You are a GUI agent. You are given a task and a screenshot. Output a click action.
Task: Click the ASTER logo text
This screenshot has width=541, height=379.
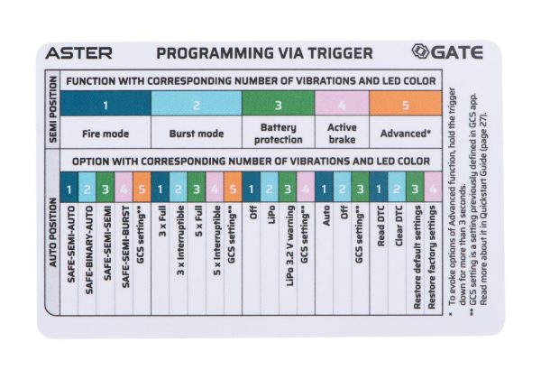point(79,53)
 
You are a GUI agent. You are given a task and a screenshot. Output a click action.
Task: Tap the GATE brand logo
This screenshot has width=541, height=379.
point(447,52)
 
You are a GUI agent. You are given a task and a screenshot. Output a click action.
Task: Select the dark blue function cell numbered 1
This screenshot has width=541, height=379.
point(105,103)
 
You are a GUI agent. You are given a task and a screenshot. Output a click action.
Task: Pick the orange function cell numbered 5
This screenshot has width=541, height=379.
point(406,103)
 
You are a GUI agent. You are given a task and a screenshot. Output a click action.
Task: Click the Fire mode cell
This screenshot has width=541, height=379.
point(105,134)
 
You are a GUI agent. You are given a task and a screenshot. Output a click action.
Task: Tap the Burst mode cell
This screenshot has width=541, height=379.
point(197,134)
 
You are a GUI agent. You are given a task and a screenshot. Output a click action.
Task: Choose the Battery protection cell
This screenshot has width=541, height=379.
point(279,134)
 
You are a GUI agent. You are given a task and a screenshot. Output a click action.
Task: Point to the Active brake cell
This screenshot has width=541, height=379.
point(342,134)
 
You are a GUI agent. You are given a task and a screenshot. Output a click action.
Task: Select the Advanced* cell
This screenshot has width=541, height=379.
point(406,134)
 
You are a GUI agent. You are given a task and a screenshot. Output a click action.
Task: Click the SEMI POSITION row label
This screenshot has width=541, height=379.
point(53,109)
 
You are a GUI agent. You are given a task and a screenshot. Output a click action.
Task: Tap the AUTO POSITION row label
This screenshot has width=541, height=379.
point(53,232)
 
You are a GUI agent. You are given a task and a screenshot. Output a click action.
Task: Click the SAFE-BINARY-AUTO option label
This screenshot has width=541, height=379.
point(89,250)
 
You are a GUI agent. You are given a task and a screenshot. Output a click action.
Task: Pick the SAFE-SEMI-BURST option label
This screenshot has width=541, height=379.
point(125,246)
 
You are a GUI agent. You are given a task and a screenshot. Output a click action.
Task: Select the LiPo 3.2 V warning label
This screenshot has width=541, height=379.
point(290,245)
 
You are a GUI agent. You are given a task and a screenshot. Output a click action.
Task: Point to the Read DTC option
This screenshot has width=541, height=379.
point(381,226)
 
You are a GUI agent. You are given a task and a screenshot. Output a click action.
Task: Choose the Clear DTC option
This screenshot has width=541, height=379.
point(399,226)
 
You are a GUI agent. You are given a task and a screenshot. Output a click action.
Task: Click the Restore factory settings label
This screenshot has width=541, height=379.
point(432,257)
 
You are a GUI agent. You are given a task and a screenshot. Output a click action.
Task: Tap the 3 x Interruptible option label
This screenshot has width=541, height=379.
point(181,240)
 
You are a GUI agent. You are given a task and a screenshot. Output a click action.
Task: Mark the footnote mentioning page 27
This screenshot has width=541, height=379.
point(483,208)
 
